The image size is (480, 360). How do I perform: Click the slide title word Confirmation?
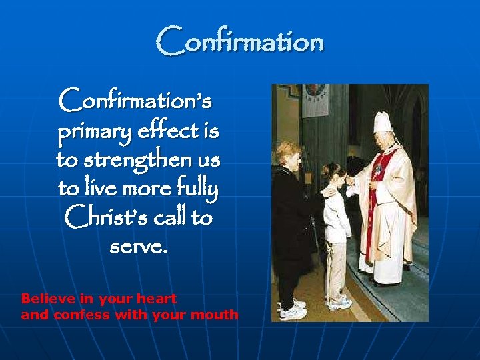point(240,41)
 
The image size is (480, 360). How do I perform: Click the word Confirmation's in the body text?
point(135,101)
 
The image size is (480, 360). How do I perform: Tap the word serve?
point(138,248)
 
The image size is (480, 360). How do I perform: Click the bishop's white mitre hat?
point(383,123)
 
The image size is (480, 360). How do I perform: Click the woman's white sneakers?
point(294,309)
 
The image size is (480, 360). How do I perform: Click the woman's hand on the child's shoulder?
point(327,193)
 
